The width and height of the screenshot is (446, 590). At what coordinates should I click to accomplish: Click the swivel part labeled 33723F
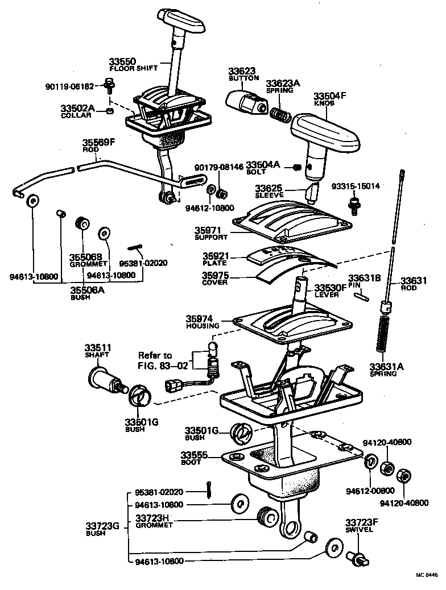click(357, 558)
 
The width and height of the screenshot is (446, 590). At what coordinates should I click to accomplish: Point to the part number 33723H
click(153, 518)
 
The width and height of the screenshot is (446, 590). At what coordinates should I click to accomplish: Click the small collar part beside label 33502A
click(109, 110)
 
